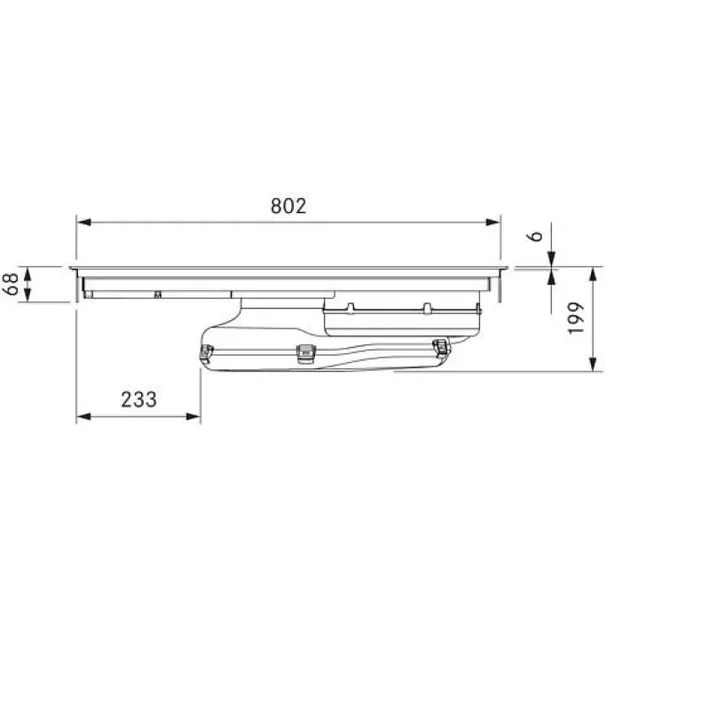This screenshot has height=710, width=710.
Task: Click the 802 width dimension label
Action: point(288,206)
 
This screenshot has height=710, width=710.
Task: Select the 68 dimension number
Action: point(12,284)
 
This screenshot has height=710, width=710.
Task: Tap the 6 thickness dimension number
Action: point(536,236)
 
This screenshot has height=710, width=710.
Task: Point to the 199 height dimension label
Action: point(576,319)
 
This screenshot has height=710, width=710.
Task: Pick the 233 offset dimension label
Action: point(138,399)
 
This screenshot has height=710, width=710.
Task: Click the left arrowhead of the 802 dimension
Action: point(84,223)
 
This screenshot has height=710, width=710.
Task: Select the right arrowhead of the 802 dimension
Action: point(493,223)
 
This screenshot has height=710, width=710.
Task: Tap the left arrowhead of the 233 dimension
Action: point(84,416)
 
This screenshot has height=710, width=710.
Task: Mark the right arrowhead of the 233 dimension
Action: point(193,416)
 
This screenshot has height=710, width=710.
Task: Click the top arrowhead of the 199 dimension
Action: point(594,274)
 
